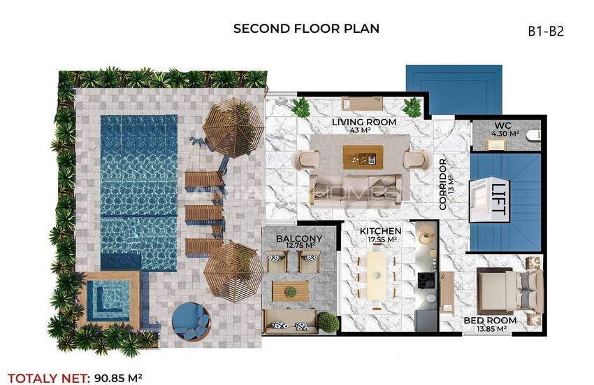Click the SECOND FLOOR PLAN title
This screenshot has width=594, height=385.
click(x=306, y=29)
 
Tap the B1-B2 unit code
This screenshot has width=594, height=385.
click(x=546, y=31)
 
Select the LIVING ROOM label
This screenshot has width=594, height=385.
click(x=364, y=122)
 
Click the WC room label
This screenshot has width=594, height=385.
click(x=502, y=125)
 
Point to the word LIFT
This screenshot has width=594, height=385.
click(x=498, y=199)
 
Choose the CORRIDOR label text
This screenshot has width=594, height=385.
click(x=443, y=184)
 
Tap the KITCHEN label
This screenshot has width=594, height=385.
click(x=380, y=231)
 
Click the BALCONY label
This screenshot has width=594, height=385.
click(x=299, y=239)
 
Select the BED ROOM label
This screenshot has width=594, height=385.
click(x=490, y=321)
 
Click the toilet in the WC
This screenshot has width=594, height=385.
click(x=535, y=135)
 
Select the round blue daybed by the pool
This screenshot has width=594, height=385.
click(x=191, y=322)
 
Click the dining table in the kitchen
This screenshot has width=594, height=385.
click(x=377, y=276)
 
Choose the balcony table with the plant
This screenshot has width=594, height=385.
click(x=291, y=291)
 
